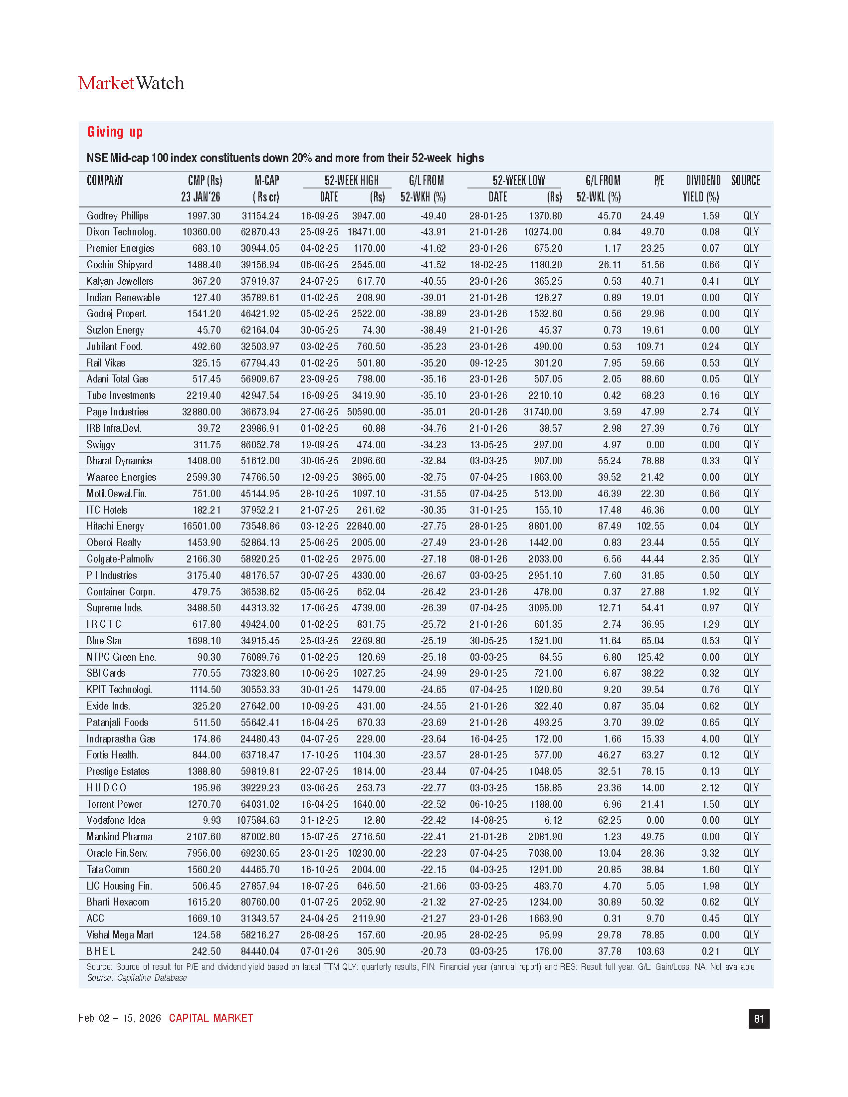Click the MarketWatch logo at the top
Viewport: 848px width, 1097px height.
[131, 83]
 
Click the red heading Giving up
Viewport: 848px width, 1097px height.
[115, 132]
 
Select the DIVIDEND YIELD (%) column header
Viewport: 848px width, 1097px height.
[702, 188]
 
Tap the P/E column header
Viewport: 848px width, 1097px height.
[658, 181]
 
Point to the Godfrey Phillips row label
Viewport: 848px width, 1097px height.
[118, 216]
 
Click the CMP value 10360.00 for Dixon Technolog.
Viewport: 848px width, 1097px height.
[201, 232]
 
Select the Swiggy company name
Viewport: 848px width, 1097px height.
[101, 444]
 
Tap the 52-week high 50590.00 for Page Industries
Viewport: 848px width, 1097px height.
[366, 412]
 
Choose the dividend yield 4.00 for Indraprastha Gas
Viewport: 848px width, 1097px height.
[710, 739]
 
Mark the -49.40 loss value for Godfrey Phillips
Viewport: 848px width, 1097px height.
[433, 216]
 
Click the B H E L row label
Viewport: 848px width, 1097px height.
[101, 951]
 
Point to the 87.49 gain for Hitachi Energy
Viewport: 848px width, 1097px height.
[609, 526]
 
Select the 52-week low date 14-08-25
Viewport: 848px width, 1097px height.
[488, 820]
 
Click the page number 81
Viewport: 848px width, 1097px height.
[759, 1019]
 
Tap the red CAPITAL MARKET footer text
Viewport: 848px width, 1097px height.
[211, 1018]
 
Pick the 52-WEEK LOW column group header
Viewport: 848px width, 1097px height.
[518, 181]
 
